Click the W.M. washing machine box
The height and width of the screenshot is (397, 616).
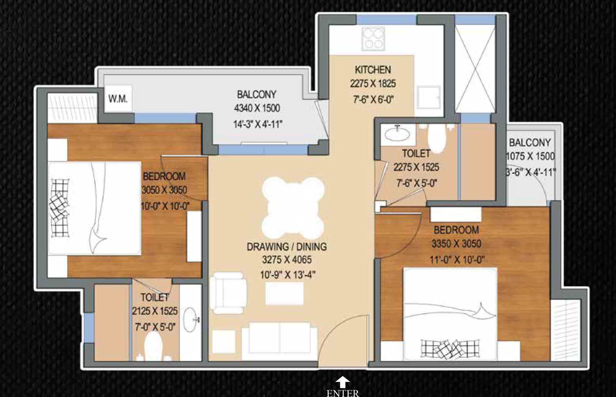[x=118, y=99]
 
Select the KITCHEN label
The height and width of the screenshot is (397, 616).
[x=373, y=70]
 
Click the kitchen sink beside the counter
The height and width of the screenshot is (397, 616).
[x=428, y=97]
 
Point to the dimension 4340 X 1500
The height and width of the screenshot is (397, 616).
[x=257, y=108]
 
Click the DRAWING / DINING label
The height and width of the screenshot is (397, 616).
[x=287, y=247]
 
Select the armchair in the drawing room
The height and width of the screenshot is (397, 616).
[x=228, y=293]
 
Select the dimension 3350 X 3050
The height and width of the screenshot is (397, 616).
[x=456, y=244]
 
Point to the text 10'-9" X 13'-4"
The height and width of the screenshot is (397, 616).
[x=288, y=275]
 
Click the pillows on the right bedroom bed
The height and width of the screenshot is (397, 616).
[x=450, y=349]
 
